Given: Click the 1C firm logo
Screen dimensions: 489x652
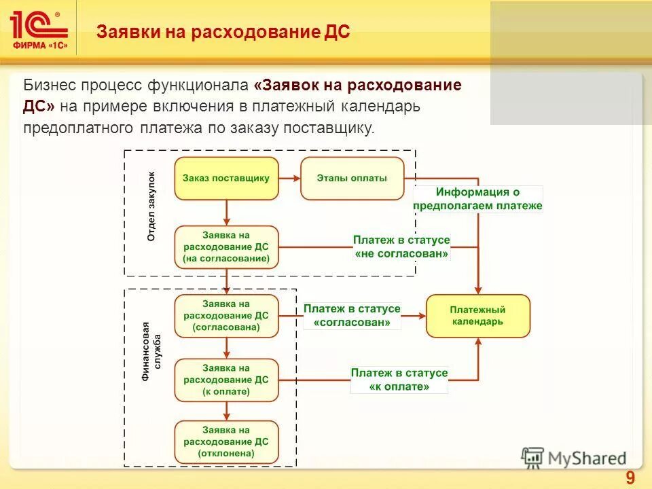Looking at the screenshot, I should (x=39, y=29).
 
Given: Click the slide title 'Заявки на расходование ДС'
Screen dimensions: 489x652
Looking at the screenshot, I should (x=223, y=32).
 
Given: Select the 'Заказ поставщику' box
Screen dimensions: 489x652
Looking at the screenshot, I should (x=226, y=179).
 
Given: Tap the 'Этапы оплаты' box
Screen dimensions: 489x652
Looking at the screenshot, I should (x=352, y=179).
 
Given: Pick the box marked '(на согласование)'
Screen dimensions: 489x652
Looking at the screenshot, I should (x=226, y=247).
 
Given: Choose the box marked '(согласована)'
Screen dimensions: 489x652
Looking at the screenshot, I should (x=226, y=316).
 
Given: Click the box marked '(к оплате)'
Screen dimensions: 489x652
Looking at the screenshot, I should (x=226, y=380).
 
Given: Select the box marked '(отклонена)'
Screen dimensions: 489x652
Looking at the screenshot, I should (x=226, y=442).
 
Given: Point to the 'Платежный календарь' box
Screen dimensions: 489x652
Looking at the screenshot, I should (x=477, y=316).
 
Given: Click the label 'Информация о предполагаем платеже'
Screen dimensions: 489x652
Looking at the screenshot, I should (x=478, y=199).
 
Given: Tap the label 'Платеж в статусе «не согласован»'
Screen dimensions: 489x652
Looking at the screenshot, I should (x=401, y=247).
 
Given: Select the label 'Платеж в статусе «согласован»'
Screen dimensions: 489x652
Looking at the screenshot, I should (x=352, y=316).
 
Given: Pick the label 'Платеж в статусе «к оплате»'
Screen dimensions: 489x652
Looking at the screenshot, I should (x=399, y=380).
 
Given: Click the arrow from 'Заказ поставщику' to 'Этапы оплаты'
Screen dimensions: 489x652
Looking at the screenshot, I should (x=289, y=179).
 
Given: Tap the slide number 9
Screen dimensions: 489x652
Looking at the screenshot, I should (x=630, y=478).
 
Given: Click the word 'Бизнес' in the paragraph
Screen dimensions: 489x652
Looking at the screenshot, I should (x=50, y=86).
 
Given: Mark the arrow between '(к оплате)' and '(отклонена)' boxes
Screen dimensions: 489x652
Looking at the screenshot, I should (x=226, y=411).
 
